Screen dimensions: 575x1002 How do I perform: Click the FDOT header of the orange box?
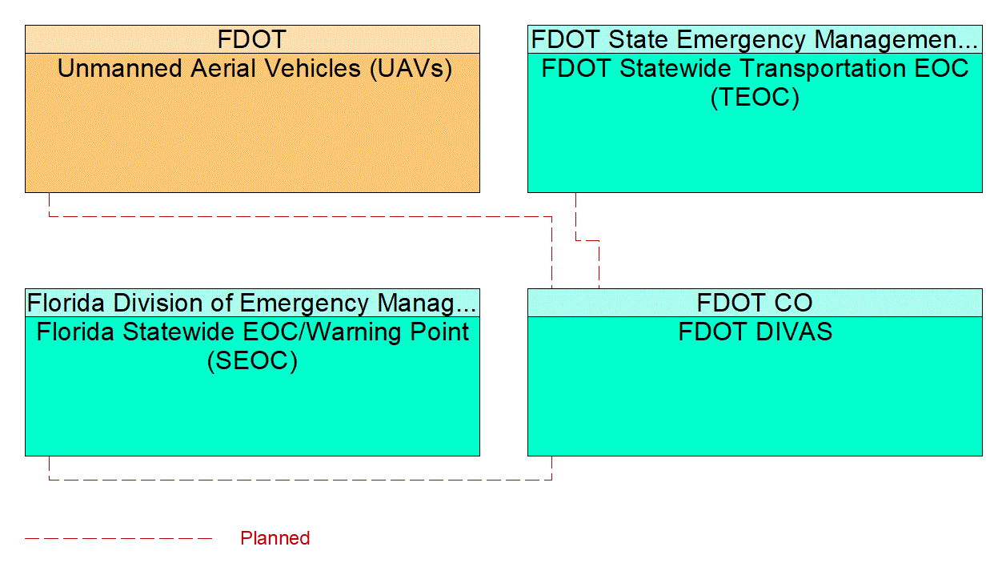coord(252,39)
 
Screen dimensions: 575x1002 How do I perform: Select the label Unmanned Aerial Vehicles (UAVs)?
coord(255,69)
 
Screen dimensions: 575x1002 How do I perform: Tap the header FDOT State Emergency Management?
coord(754,39)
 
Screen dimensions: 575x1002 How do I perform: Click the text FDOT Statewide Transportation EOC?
coord(755,69)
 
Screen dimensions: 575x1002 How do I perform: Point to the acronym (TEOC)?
coord(755,98)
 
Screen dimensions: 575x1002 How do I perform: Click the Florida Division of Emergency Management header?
coord(252,303)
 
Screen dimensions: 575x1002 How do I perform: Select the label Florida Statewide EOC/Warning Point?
coord(252,332)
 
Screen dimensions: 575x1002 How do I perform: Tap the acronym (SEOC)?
coord(252,361)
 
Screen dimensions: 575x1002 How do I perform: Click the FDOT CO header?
coord(755,303)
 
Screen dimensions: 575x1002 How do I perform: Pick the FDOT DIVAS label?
coord(755,332)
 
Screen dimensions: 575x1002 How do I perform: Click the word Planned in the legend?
coord(275,538)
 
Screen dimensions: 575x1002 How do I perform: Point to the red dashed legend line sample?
coord(118,538)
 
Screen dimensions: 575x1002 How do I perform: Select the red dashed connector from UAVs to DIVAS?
coord(300,216)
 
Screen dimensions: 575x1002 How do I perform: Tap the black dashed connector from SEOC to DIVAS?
coord(300,480)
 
